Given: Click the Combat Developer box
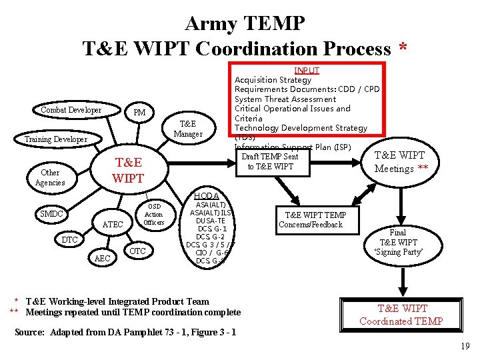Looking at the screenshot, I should pos(71,110).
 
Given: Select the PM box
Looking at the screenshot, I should pos(139,112).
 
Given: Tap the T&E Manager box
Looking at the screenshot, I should pos(188,129).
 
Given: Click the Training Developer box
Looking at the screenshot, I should pos(55,139).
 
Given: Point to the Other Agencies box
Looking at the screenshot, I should pos(50,177).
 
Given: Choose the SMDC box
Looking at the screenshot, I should pos(51,214).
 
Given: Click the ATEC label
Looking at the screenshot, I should pos(113,225).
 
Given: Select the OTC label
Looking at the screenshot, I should pos(137,251).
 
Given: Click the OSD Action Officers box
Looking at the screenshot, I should pos(153,214).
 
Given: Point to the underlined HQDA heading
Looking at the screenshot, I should pos(207,195).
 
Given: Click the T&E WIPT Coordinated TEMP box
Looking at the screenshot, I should pos(401,315).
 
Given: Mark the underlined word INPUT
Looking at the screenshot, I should pos(307,70).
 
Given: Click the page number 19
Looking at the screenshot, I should pos(464,346).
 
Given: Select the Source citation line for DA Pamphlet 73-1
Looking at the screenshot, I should pos(125,332).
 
